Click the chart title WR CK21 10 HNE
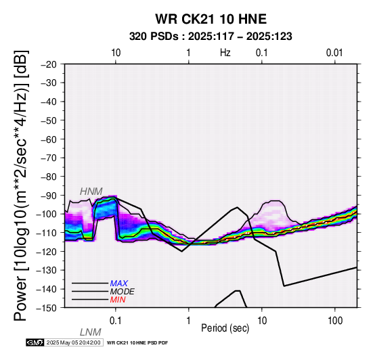211,19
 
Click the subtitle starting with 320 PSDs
211,37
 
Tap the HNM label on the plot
91,192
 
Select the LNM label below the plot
91,332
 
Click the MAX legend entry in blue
119,284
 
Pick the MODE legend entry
123,292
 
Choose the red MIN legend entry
118,300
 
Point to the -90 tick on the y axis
49,196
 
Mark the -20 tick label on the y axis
49,64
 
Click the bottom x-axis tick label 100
335,321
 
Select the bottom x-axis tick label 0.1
116,321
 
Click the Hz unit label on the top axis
225,53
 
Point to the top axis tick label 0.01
334,53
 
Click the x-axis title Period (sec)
225,328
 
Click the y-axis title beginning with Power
21,185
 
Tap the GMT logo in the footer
35,342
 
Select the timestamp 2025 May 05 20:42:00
73,342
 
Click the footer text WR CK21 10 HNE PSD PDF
137,343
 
